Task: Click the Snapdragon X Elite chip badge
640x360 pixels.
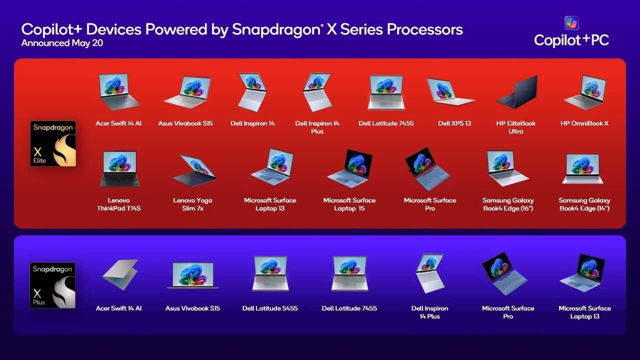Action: [53, 143]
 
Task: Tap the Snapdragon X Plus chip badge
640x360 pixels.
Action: [52, 285]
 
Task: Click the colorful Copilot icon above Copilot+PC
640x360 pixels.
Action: [571, 23]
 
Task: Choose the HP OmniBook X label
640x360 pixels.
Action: [584, 123]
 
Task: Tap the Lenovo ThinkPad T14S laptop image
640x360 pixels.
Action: [119, 169]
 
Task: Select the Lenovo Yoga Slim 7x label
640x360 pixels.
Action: [192, 204]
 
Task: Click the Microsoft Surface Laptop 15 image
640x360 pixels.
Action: [349, 168]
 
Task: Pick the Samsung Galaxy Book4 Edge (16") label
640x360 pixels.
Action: [508, 204]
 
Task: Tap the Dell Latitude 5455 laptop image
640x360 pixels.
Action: [270, 274]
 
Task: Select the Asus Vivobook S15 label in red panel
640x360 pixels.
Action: [185, 123]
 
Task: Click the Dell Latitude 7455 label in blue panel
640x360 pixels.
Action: [349, 308]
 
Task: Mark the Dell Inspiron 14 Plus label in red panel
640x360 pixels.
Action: [317, 127]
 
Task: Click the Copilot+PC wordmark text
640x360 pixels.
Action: [571, 40]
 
